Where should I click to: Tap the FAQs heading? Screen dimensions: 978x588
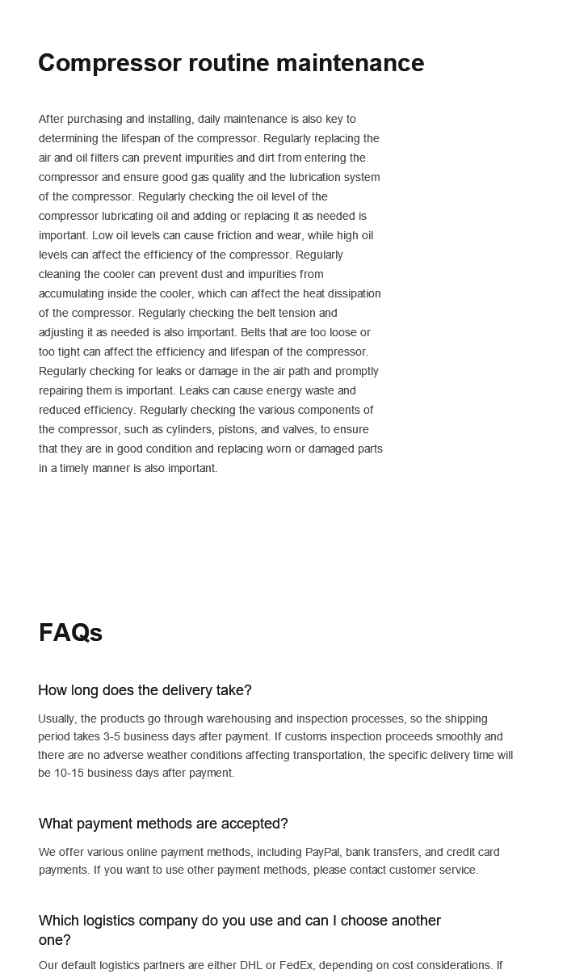[70, 633]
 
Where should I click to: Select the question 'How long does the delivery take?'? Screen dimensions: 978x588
[145, 690]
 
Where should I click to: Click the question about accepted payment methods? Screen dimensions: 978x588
[163, 824]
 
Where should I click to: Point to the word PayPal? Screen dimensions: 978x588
[325, 852]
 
